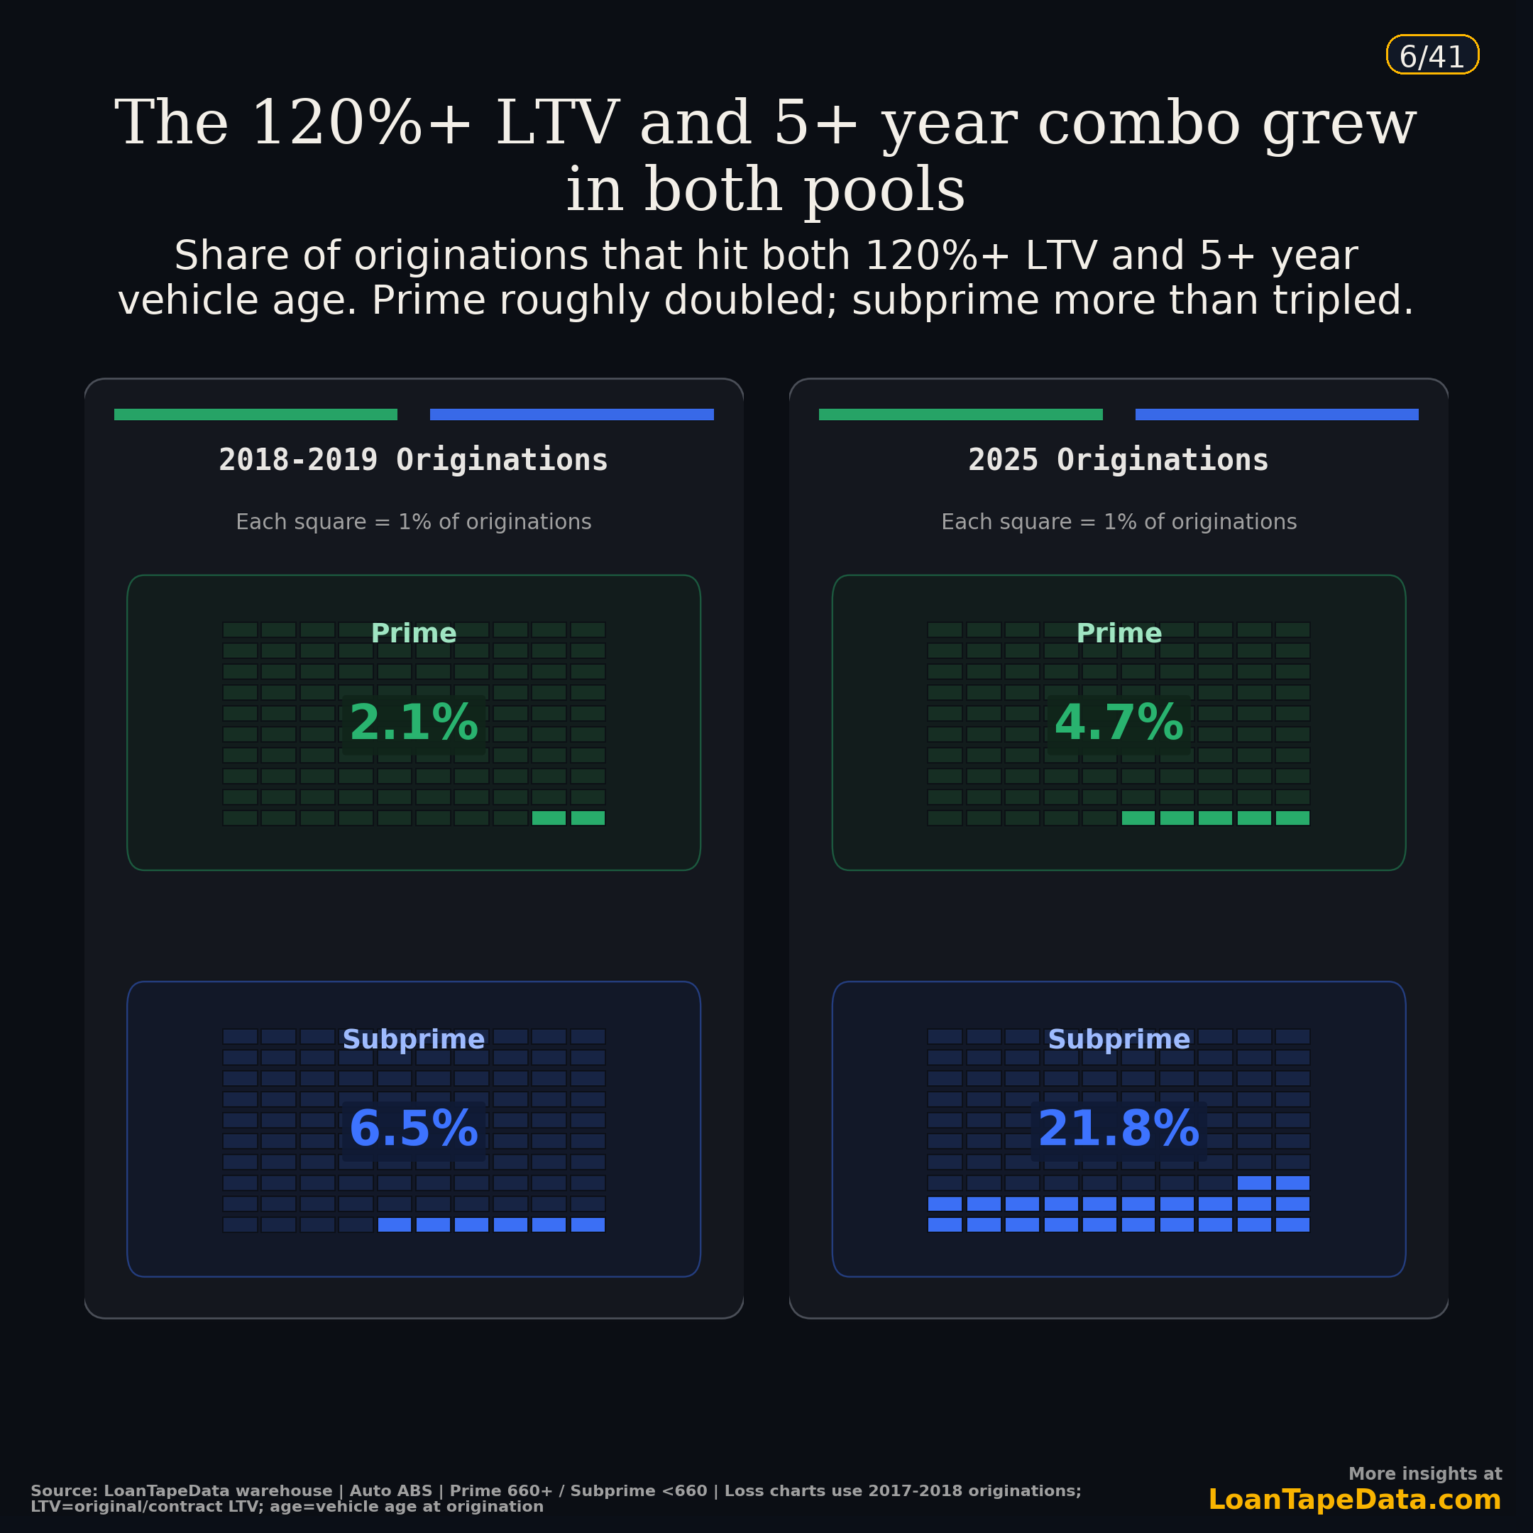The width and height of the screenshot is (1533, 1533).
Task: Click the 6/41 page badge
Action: [x=1432, y=56]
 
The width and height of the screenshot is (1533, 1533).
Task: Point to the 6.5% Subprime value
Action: [x=413, y=1129]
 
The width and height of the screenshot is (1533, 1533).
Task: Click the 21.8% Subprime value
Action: [x=1118, y=1129]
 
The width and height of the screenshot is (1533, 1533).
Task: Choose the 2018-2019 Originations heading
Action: [x=413, y=460]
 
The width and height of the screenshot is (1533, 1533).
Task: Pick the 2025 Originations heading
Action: [x=1118, y=460]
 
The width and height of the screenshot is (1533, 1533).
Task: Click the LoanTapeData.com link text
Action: [x=1353, y=1500]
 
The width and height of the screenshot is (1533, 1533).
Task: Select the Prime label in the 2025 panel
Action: [x=1118, y=633]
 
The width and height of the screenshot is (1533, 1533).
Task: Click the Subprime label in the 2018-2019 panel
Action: [x=413, y=1040]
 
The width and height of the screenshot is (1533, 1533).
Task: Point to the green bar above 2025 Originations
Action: [x=960, y=414]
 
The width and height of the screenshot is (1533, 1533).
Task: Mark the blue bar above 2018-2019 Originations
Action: [x=571, y=414]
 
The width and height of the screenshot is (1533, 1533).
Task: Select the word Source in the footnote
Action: [x=63, y=1491]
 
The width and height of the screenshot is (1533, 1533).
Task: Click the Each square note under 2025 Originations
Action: [x=1118, y=522]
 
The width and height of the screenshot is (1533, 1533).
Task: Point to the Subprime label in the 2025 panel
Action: [x=1118, y=1040]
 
